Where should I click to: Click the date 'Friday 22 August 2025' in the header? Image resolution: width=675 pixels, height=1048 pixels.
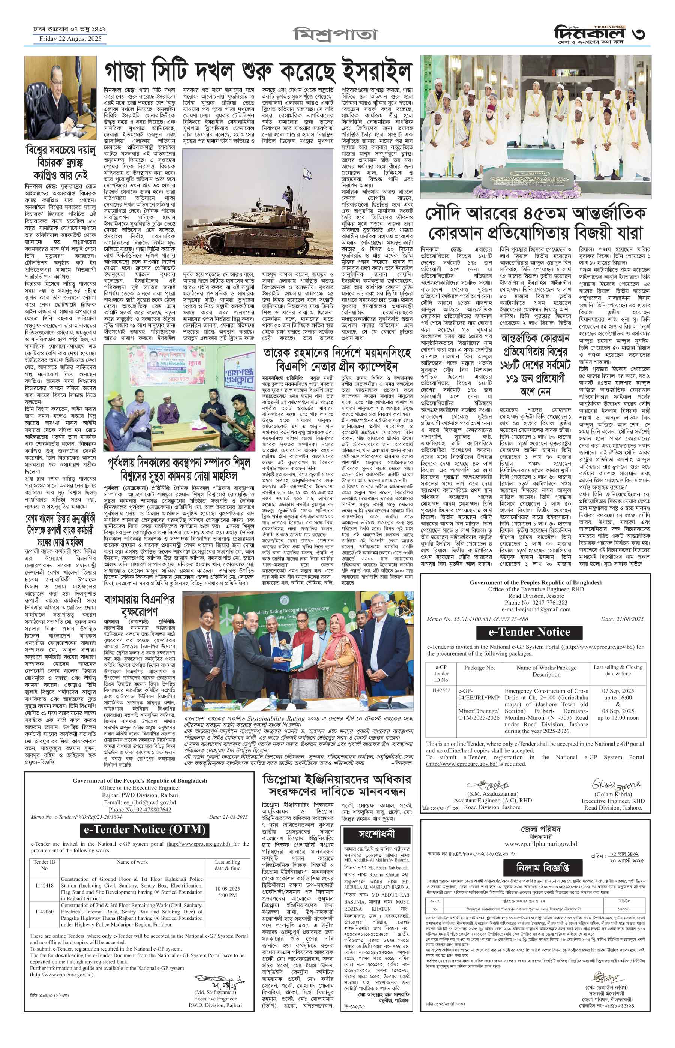(x=70, y=39)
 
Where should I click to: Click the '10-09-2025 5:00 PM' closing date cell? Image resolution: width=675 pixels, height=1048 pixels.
(x=228, y=879)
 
